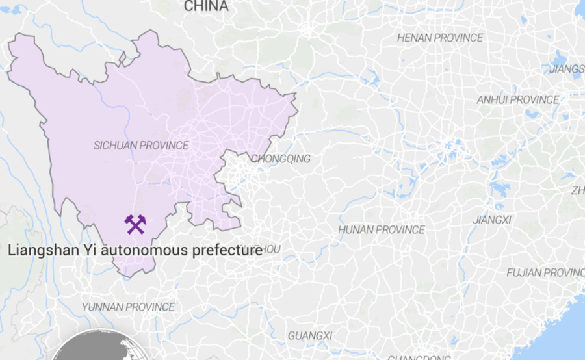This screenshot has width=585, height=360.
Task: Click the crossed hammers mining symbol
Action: (x=135, y=224)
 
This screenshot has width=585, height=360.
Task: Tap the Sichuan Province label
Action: (x=141, y=146)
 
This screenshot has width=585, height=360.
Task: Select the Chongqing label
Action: (x=280, y=159)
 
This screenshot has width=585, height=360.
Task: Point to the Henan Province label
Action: (x=440, y=38)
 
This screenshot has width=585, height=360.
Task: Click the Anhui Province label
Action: (x=517, y=100)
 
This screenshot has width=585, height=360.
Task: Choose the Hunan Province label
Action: (x=382, y=230)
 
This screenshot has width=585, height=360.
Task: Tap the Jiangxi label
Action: (x=492, y=220)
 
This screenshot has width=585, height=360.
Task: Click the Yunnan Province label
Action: (x=128, y=307)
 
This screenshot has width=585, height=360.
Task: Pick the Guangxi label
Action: (x=309, y=335)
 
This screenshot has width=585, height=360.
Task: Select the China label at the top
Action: (x=206, y=6)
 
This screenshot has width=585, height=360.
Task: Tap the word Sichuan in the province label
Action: (x=113, y=146)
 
